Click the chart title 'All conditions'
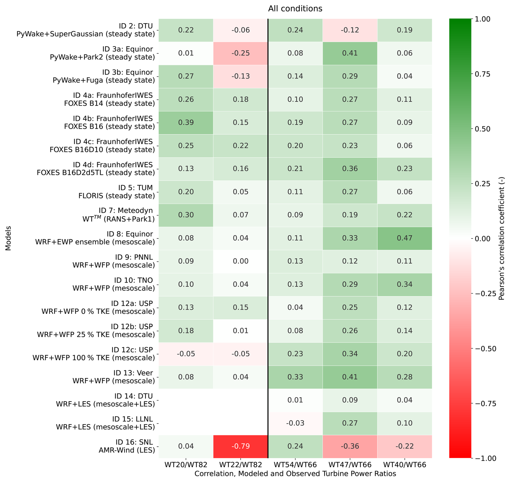click(295, 9)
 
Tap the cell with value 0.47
click(404, 238)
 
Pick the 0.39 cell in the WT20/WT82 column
click(186, 123)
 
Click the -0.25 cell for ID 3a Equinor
click(240, 53)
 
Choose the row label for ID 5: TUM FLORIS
click(116, 192)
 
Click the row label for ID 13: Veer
click(113, 377)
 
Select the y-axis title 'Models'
click(8, 238)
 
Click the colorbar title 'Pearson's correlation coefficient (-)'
click(501, 239)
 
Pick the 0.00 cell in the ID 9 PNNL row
click(240, 261)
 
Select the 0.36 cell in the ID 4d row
click(350, 169)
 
